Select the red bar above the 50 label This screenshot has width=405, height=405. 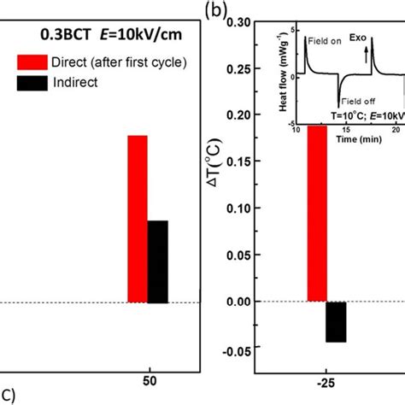138,219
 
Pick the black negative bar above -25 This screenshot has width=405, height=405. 336,322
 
